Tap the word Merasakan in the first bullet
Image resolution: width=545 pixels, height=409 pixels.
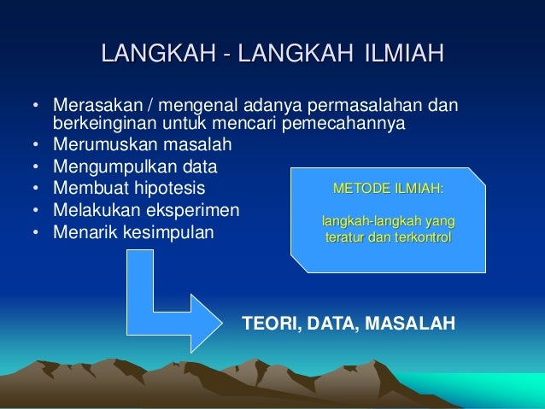click(91, 107)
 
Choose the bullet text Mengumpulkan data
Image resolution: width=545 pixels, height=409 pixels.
click(135, 166)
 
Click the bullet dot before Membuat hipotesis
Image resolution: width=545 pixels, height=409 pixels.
click(35, 187)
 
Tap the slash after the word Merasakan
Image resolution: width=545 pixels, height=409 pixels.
click(136, 107)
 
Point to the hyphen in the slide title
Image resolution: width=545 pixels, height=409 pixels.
click(227, 57)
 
